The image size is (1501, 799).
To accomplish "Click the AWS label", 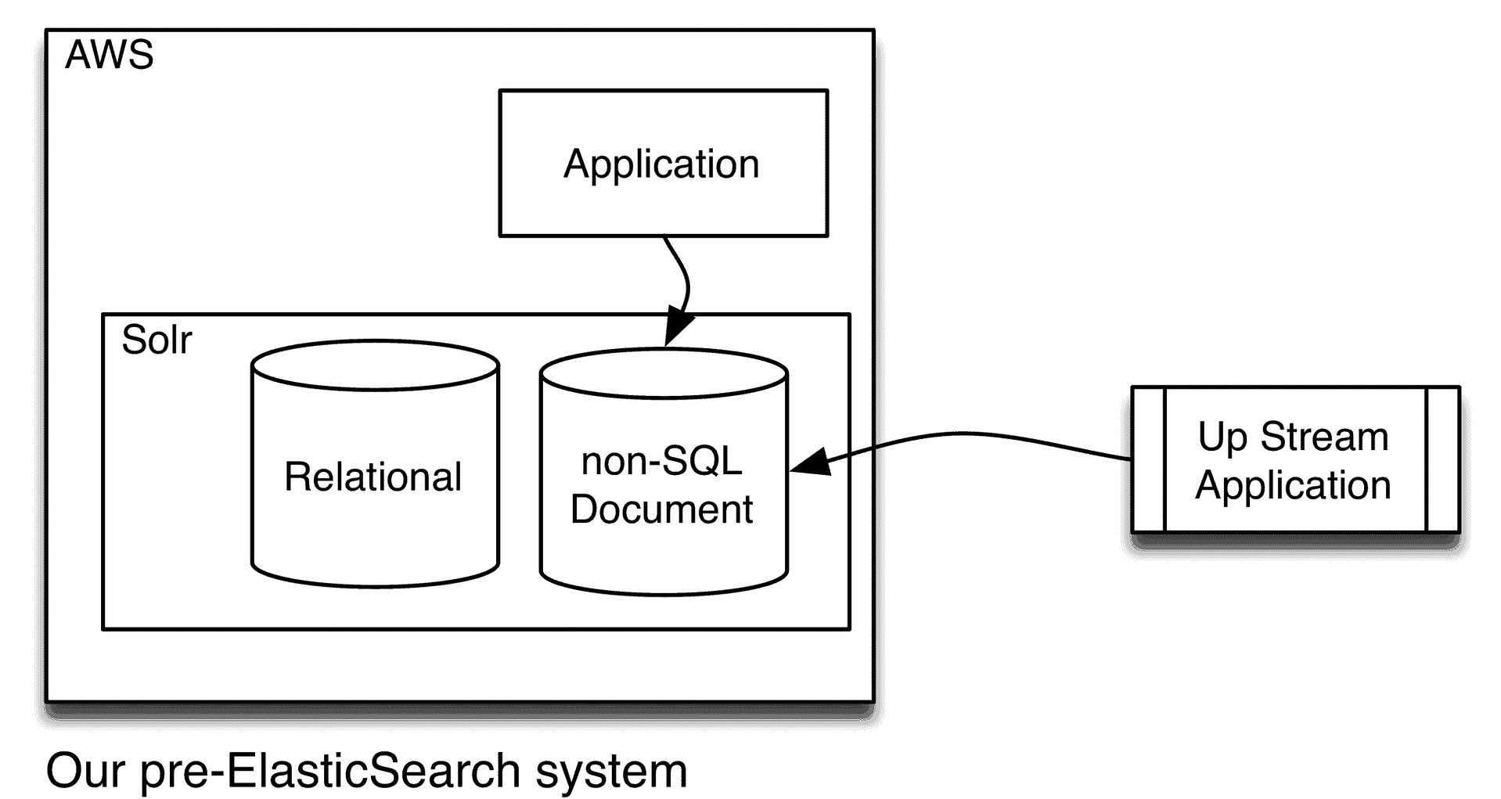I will [x=109, y=56].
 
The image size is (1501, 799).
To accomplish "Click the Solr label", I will [x=157, y=340].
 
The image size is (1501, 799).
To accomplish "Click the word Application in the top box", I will [x=661, y=164].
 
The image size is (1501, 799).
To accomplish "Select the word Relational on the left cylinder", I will [x=373, y=477].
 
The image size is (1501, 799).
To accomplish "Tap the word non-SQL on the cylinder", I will [x=661, y=461].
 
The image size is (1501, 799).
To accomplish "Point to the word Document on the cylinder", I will [x=661, y=509].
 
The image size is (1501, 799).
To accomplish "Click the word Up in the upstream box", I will [x=1222, y=437].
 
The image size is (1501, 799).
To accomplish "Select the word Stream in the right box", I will [x=1324, y=436].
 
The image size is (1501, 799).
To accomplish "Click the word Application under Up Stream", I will [x=1293, y=485].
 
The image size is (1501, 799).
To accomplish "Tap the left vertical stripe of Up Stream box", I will [x=1150, y=459].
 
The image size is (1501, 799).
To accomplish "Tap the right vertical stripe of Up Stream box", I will [x=1442, y=459].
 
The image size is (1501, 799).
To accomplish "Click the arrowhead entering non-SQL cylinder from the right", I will [x=808, y=463].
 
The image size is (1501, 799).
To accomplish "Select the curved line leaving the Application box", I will [x=685, y=274].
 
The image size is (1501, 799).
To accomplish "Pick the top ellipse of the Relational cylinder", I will [x=375, y=365].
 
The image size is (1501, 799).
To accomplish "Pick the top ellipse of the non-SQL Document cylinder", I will [x=663, y=373].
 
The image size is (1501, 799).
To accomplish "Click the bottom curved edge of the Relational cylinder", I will [x=375, y=585].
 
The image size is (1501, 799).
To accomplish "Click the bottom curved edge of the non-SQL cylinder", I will [x=663, y=592].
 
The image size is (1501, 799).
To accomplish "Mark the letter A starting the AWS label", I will [x=78, y=56].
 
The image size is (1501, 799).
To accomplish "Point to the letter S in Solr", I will [x=133, y=340].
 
